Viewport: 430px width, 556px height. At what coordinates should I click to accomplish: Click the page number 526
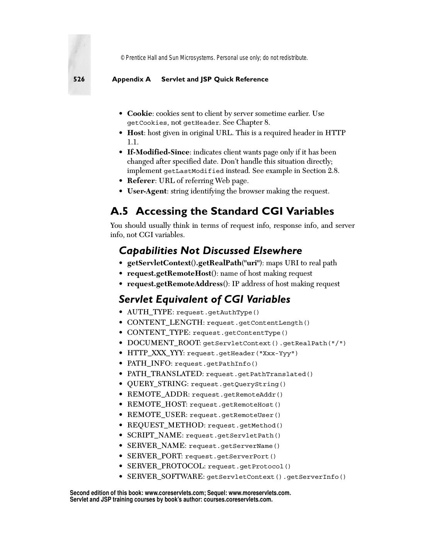pyautogui.click(x=79, y=79)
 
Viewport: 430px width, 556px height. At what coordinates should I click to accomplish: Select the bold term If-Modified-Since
pyautogui.click(x=158, y=152)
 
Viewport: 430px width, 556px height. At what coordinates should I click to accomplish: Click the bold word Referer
pyautogui.click(x=141, y=181)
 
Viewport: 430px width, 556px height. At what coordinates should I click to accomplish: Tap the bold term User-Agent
pyautogui.click(x=147, y=191)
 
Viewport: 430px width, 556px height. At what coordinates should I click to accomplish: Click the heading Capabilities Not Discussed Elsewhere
pyautogui.click(x=210, y=251)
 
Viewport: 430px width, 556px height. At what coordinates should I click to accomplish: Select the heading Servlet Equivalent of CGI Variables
pyautogui.click(x=204, y=299)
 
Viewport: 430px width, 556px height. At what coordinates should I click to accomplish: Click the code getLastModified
pyautogui.click(x=194, y=171)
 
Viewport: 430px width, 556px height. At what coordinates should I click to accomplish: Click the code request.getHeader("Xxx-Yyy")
pyautogui.click(x=242, y=353)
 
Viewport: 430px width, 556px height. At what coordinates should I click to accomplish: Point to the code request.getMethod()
pyautogui.click(x=245, y=425)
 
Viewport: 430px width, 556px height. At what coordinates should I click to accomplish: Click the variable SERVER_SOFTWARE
pyautogui.click(x=165, y=476)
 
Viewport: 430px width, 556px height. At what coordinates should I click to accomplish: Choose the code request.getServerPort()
pyautogui.click(x=230, y=456)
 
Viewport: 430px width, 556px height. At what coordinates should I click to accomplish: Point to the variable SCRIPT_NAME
pyautogui.click(x=155, y=435)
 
